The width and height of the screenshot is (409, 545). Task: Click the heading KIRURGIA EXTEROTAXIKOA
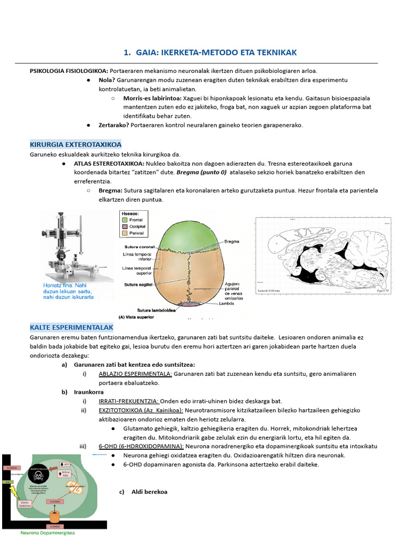[x=75, y=144]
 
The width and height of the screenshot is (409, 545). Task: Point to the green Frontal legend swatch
[x=125, y=219]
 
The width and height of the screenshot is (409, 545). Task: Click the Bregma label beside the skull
[x=231, y=241]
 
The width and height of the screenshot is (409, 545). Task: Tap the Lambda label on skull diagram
[x=226, y=304]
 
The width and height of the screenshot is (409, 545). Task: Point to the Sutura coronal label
[x=140, y=247]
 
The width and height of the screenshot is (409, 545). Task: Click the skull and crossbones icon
[x=39, y=475]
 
